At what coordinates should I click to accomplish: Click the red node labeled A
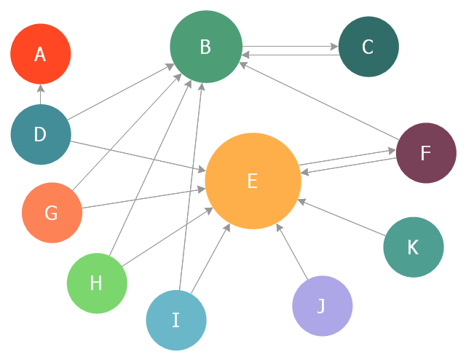pos(41,54)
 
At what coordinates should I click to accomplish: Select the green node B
pos(205,47)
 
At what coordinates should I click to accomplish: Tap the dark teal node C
pos(368,47)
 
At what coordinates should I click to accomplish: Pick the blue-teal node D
pos(41,134)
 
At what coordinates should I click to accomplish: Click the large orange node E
pos(253,181)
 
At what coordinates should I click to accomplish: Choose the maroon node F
pos(426,153)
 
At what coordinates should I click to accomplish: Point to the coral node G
pos(52,213)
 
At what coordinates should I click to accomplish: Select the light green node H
pos(97,283)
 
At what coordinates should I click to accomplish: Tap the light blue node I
pos(176,319)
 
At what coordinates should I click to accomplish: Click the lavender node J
pos(322,305)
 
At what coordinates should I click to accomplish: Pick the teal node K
pos(413,247)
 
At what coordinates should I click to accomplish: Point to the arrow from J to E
pos(293,251)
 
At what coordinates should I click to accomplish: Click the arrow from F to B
pos(320,100)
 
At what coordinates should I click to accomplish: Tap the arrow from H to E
pos(167,236)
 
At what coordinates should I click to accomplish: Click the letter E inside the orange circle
pos(252,181)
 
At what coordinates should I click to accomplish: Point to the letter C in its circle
pos(368,47)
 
